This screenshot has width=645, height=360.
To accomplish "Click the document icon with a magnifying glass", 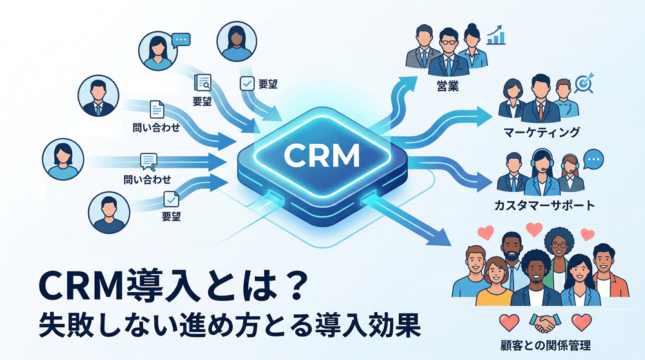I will coord(203,82).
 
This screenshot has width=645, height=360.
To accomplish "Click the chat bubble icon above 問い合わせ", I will coord(148,159).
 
